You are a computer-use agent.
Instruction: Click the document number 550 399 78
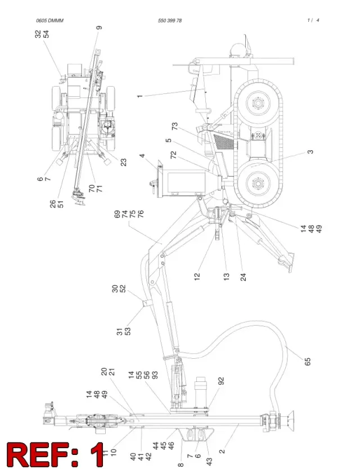(x=170, y=21)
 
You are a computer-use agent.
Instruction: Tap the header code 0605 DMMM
(x=49, y=21)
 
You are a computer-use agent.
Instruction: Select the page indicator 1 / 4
(x=313, y=20)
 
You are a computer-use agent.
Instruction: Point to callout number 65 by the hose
(x=308, y=362)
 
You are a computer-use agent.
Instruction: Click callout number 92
(x=221, y=381)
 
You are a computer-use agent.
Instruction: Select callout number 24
(x=244, y=277)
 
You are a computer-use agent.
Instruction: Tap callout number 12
(x=197, y=277)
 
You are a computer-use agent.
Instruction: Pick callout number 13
(x=226, y=277)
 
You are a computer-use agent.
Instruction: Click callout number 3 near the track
(x=310, y=152)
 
